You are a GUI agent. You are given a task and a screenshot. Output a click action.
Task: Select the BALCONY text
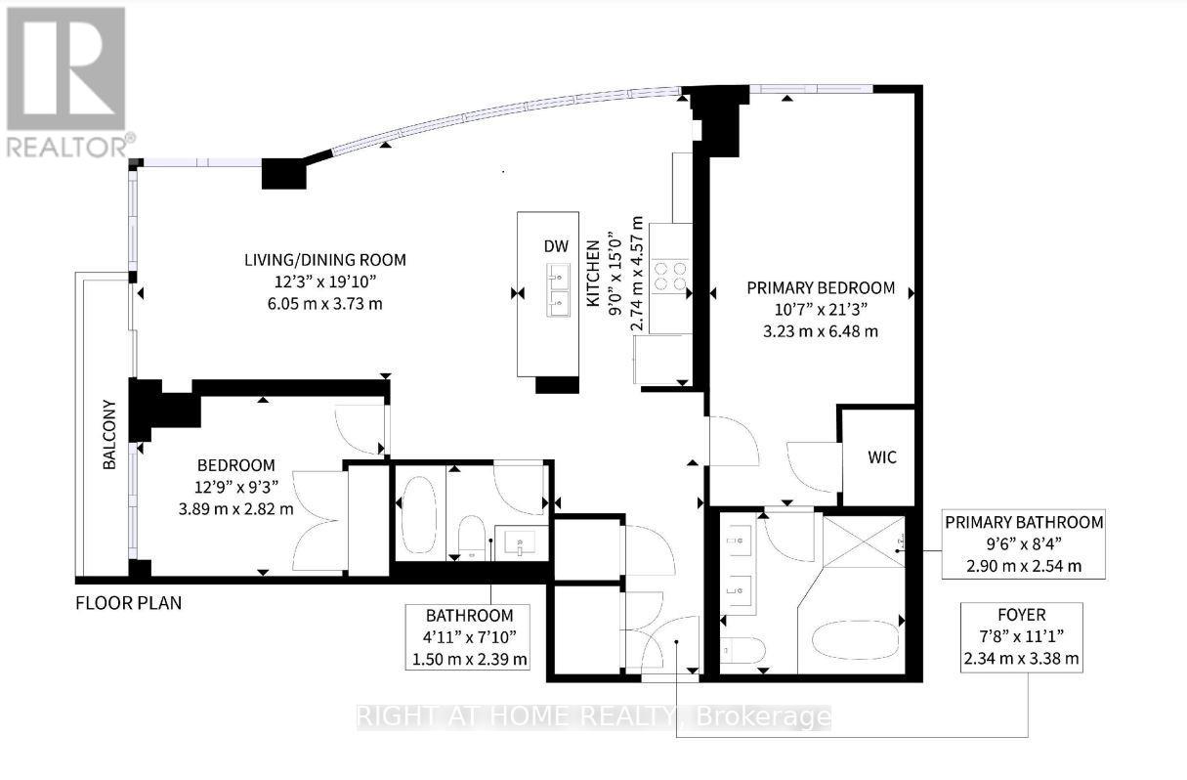pyautogui.click(x=110, y=434)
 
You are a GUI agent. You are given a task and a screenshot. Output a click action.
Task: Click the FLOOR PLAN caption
pyautogui.click(x=128, y=603)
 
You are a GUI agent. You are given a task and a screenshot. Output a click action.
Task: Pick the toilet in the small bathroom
pyautogui.click(x=472, y=538)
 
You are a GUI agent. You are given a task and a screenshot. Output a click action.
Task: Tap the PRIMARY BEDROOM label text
pyautogui.click(x=821, y=287)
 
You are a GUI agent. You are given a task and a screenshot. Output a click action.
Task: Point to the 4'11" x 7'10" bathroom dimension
pyautogui.click(x=469, y=637)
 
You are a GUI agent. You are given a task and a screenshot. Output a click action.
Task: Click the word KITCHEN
pyautogui.click(x=593, y=283)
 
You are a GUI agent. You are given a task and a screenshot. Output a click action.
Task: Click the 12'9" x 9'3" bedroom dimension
pyautogui.click(x=234, y=487)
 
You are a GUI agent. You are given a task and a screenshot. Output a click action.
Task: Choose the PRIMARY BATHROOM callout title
pyautogui.click(x=1023, y=522)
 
